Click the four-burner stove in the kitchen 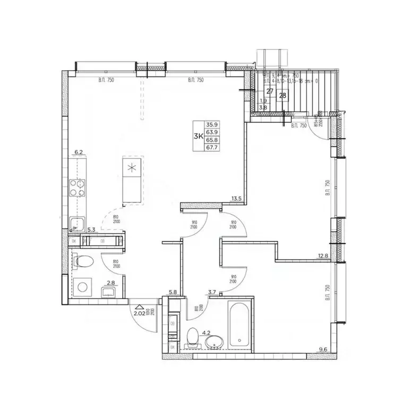point(77,187)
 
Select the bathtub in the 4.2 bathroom point(240,326)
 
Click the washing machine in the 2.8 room point(83,287)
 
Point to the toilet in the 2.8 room point(82,261)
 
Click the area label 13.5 point(236,199)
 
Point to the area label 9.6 point(324,350)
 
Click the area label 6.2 point(79,152)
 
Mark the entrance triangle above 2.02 point(139,307)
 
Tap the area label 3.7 point(212,292)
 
